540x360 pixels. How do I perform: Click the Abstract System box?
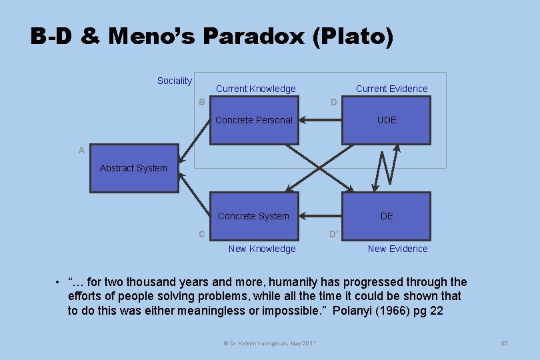point(133,169)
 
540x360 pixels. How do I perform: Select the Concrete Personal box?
point(254,120)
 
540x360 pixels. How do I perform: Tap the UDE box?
point(387,120)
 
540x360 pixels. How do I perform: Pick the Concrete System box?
point(254,216)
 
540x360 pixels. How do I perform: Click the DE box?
point(387,216)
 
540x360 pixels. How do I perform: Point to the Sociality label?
point(174,81)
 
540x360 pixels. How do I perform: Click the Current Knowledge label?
point(255,89)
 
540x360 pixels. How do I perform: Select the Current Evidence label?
point(391,89)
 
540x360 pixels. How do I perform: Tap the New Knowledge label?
point(262,249)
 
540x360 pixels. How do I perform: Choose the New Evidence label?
point(398,249)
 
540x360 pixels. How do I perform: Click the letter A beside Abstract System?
point(81,151)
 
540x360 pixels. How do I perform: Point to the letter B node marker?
point(201,102)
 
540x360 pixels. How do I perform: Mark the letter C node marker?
point(201,234)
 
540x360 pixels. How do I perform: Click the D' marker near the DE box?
point(334,234)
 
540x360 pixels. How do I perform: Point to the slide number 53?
point(504,343)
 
